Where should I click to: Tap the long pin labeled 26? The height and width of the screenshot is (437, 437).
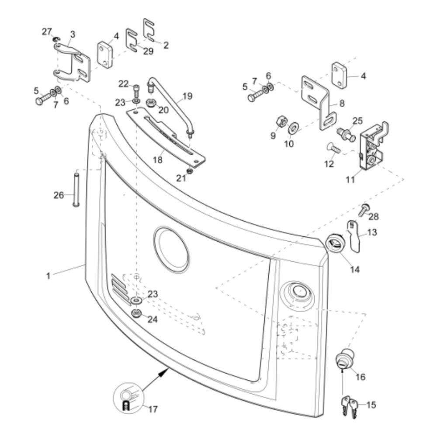click(76, 190)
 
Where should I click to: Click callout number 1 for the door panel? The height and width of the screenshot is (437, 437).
click(48, 276)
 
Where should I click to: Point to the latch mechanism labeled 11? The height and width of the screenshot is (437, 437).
click(373, 146)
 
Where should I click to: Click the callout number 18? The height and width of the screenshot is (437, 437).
click(157, 160)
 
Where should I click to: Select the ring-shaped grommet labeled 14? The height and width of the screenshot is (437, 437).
click(336, 243)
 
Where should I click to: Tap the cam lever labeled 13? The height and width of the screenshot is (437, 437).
click(353, 236)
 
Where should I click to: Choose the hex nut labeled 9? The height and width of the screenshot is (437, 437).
click(281, 121)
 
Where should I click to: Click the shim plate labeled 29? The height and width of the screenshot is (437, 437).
click(132, 40)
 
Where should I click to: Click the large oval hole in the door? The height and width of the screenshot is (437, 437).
click(172, 250)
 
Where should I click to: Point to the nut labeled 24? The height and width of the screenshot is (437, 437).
click(136, 313)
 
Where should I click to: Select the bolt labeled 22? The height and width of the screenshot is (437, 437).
click(136, 89)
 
